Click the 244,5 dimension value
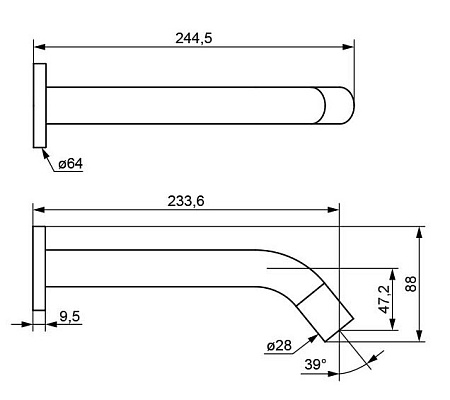194,38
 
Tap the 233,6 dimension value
186,201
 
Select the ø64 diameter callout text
70,164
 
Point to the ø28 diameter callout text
279,346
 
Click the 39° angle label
315,364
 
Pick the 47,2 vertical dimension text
384,299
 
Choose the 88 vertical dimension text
411,284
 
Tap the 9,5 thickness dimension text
70,316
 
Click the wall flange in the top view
40,105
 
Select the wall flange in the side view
39,268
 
